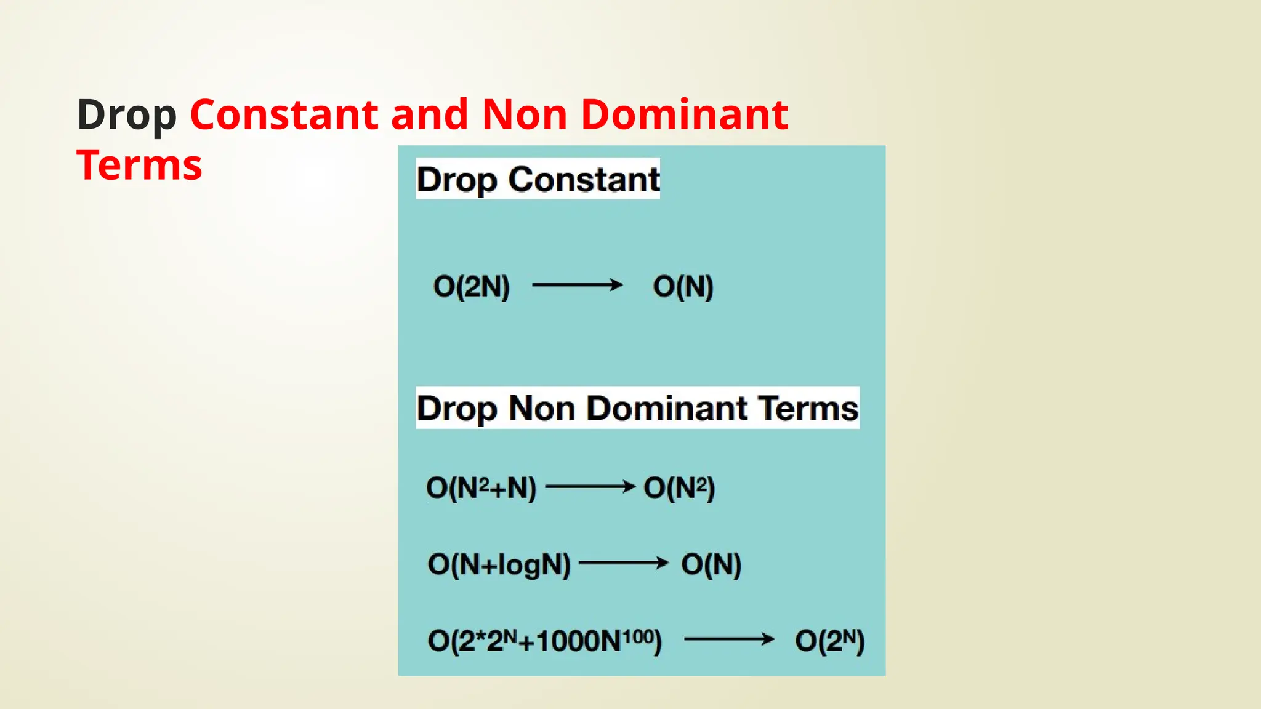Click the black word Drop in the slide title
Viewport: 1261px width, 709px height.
[127, 116]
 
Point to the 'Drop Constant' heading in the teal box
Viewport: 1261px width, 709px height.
[538, 179]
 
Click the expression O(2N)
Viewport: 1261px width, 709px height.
[472, 286]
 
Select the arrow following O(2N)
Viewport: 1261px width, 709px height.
[577, 285]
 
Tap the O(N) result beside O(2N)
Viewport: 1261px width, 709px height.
[683, 286]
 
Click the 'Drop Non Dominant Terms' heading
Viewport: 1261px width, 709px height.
[637, 408]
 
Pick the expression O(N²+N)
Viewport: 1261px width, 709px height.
[481, 487]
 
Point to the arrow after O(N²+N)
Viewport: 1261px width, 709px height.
[590, 487]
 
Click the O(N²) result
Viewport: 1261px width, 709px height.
[679, 487]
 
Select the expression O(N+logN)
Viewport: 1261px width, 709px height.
[499, 564]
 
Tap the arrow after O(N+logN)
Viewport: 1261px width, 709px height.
[624, 563]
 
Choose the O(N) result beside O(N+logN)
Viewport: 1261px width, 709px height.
[711, 564]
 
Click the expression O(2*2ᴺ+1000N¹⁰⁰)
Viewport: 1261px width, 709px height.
[545, 641]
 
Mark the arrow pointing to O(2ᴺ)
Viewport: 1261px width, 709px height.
[729, 639]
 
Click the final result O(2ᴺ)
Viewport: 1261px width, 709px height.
[829, 641]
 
